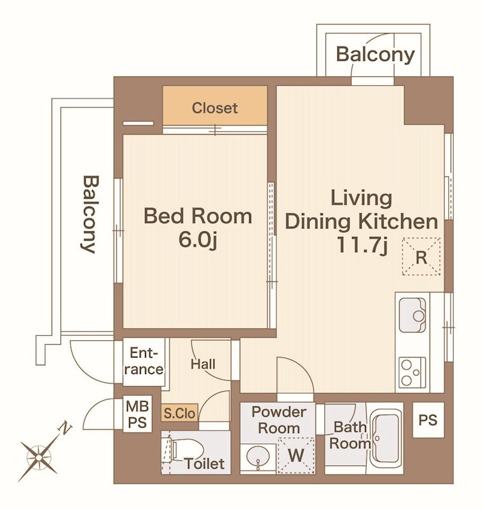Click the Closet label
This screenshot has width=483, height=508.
point(215,108)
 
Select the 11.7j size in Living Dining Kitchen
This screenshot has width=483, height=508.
point(362,245)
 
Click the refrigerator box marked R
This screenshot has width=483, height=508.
point(421,257)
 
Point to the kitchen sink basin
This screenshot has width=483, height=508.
point(412,315)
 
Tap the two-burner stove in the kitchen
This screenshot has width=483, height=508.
point(412,372)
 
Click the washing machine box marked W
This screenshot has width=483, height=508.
point(296,455)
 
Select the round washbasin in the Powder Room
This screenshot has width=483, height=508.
point(258,457)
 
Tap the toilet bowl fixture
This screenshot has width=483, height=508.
point(186,450)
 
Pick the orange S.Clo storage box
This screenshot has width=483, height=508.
point(180,413)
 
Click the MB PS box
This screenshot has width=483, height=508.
point(137,414)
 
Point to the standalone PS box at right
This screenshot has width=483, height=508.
point(428,420)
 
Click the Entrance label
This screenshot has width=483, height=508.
point(144,361)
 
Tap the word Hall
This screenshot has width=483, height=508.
point(203,364)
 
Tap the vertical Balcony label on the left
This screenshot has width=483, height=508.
point(88,214)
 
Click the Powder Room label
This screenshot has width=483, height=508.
point(279,420)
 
